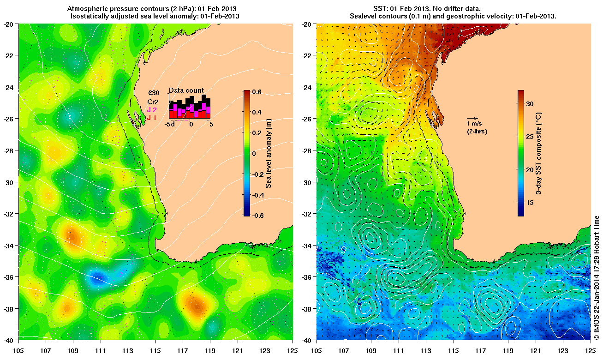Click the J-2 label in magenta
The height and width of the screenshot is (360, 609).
tap(152, 110)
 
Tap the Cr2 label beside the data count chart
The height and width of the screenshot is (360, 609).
tap(153, 102)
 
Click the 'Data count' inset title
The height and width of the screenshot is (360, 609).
tap(186, 90)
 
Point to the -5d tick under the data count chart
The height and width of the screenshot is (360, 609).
tap(170, 124)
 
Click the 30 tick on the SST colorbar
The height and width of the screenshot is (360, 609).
tap(530, 104)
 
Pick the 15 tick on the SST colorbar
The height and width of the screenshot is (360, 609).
tap(530, 203)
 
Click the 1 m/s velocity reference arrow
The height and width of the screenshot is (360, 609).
tap(472, 119)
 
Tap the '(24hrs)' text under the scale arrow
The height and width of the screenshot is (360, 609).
tap(477, 132)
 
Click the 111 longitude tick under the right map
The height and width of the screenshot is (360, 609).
tap(398, 344)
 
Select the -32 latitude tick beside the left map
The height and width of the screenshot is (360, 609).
tap(10, 214)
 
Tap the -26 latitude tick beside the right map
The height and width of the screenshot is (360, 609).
tap(308, 119)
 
